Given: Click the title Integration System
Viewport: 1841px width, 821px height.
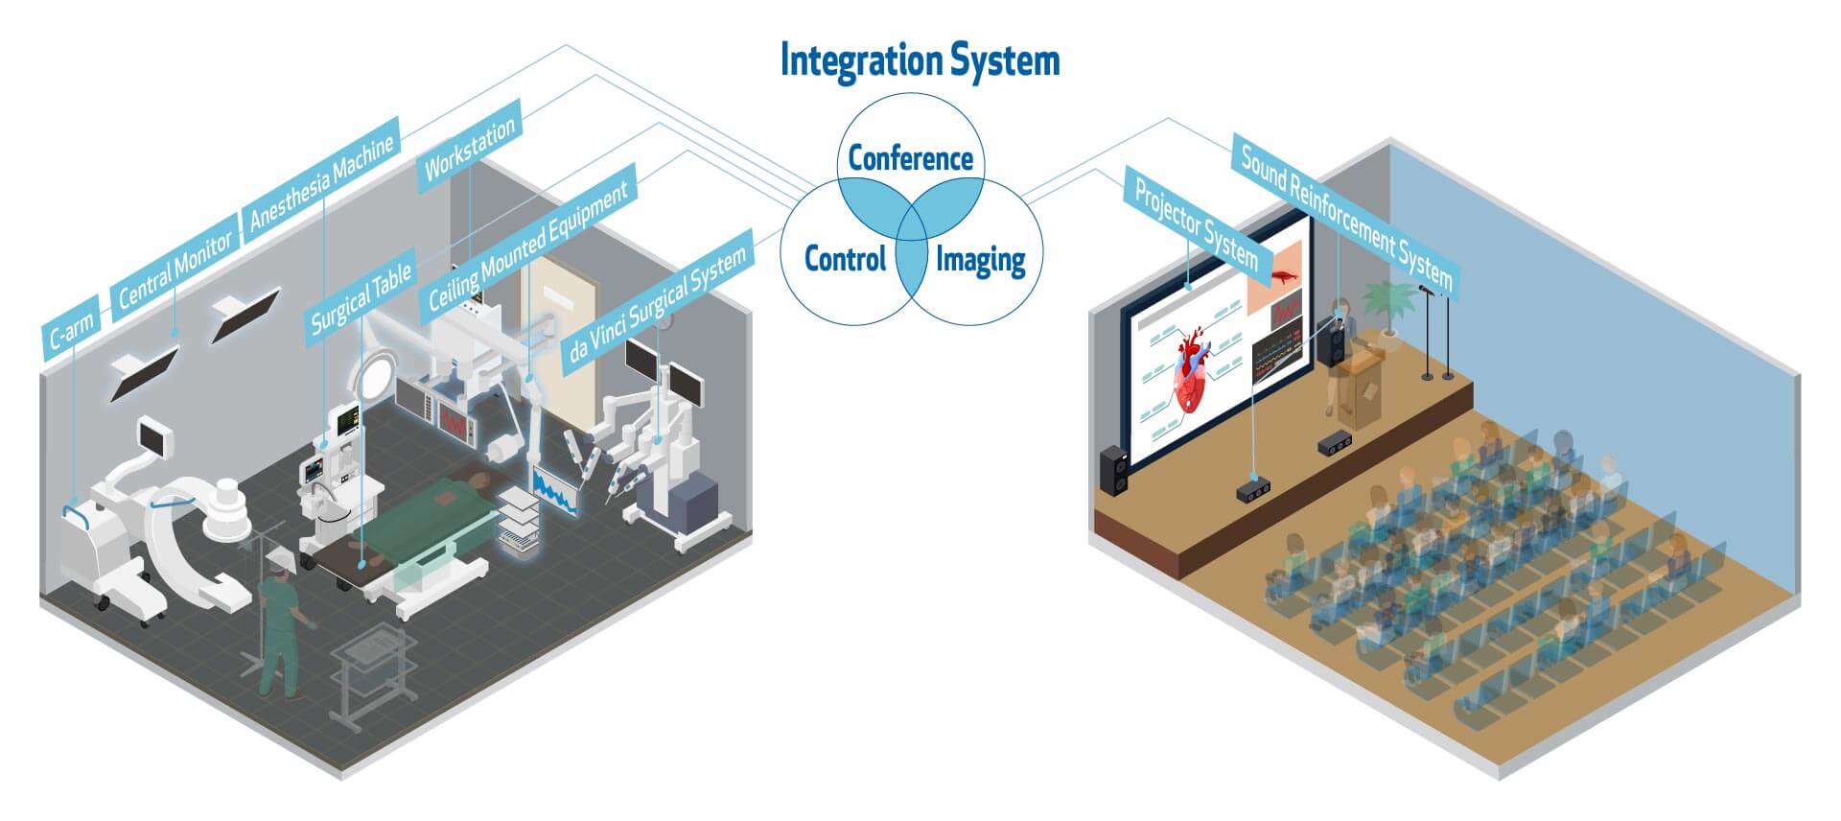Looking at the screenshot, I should pos(920,60).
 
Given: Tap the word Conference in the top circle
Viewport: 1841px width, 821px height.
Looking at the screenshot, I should pos(910,158).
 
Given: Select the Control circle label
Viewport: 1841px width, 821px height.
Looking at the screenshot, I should pos(845,258).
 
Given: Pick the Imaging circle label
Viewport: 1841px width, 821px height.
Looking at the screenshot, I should pos(980,259).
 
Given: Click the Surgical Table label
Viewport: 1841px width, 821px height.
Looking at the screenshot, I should pos(361,297).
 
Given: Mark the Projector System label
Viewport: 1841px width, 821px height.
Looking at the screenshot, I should pos(1196,223).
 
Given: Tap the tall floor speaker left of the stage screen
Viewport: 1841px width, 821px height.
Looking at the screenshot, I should pos(1113,471).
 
